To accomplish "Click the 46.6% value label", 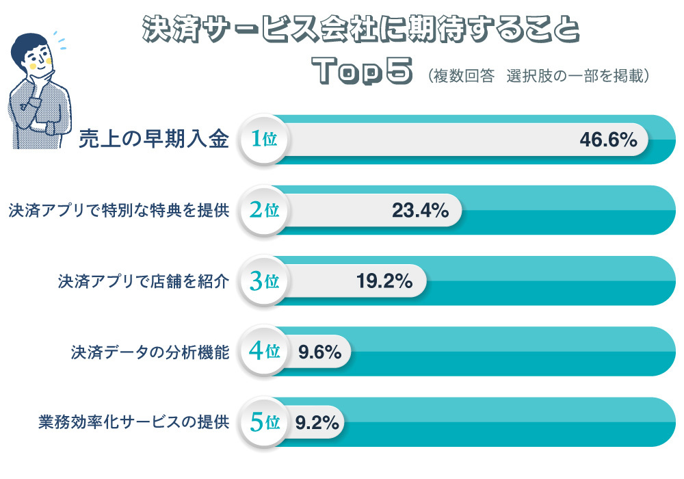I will [x=608, y=140].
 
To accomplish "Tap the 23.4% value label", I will [x=420, y=210].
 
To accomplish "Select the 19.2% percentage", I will [x=384, y=281].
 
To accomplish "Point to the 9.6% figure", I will [x=319, y=352].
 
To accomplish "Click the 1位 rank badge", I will [x=263, y=140].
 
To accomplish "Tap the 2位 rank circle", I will [x=263, y=210].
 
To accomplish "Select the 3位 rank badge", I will [x=263, y=281].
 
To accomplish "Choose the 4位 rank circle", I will [x=263, y=352].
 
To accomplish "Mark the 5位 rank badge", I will [x=263, y=422].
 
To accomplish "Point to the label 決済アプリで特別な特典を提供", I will [x=118, y=210].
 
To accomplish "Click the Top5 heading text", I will [x=363, y=70].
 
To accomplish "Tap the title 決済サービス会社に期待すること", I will [x=360, y=31].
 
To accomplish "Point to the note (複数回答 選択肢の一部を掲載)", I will [x=536, y=75].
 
